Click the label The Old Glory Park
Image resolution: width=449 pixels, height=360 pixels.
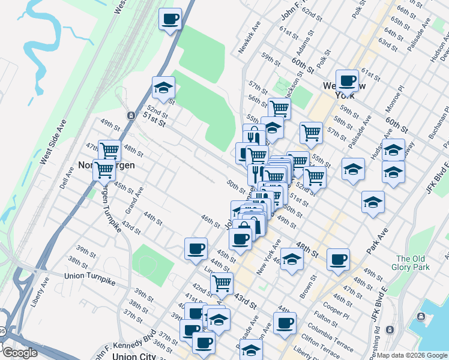[x=409, y=262]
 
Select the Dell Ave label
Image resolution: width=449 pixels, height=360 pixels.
[x=66, y=178]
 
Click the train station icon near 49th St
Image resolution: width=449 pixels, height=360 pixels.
[x=130, y=115]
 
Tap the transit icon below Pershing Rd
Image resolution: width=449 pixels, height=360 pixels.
[x=390, y=330]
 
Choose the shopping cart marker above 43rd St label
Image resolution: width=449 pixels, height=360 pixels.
[x=222, y=282]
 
